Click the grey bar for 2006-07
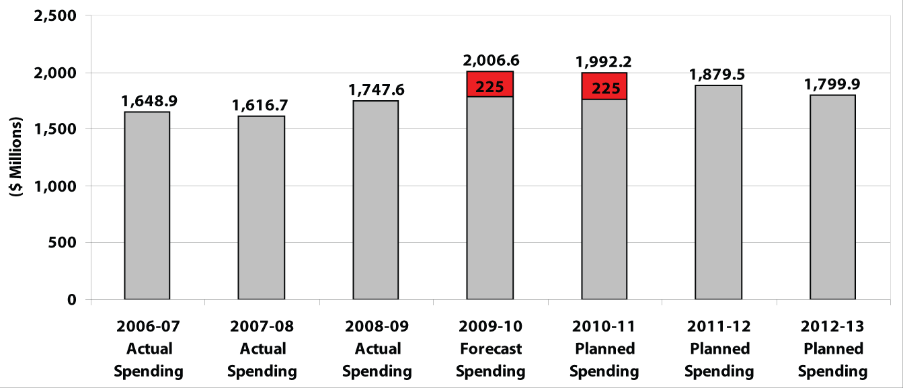147,205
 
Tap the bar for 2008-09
375,200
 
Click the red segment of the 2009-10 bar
489,84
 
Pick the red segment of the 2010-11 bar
604,86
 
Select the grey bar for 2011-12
718,192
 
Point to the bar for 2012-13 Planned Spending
832,197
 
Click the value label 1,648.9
149,102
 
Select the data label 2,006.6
491,61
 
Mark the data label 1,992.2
603,62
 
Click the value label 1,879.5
719,74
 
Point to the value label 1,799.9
832,85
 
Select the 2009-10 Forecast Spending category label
490,349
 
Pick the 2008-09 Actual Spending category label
377,349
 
